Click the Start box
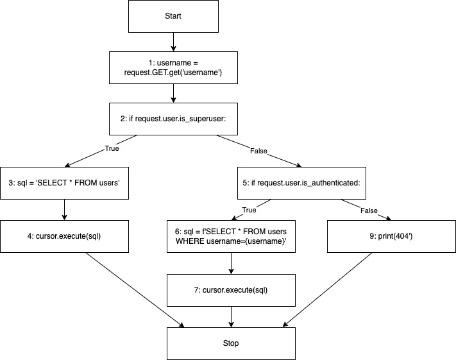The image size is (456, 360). click(173, 16)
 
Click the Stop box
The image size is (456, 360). click(231, 343)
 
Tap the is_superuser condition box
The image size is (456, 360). click(173, 119)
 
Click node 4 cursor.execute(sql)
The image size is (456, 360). click(64, 236)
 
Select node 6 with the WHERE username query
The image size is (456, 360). click(231, 236)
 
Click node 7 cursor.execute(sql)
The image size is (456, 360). click(231, 289)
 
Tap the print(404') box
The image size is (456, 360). click(391, 236)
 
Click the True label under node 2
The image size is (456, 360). click(112, 148)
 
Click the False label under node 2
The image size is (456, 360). click(258, 152)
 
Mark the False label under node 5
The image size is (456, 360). click(369, 210)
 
